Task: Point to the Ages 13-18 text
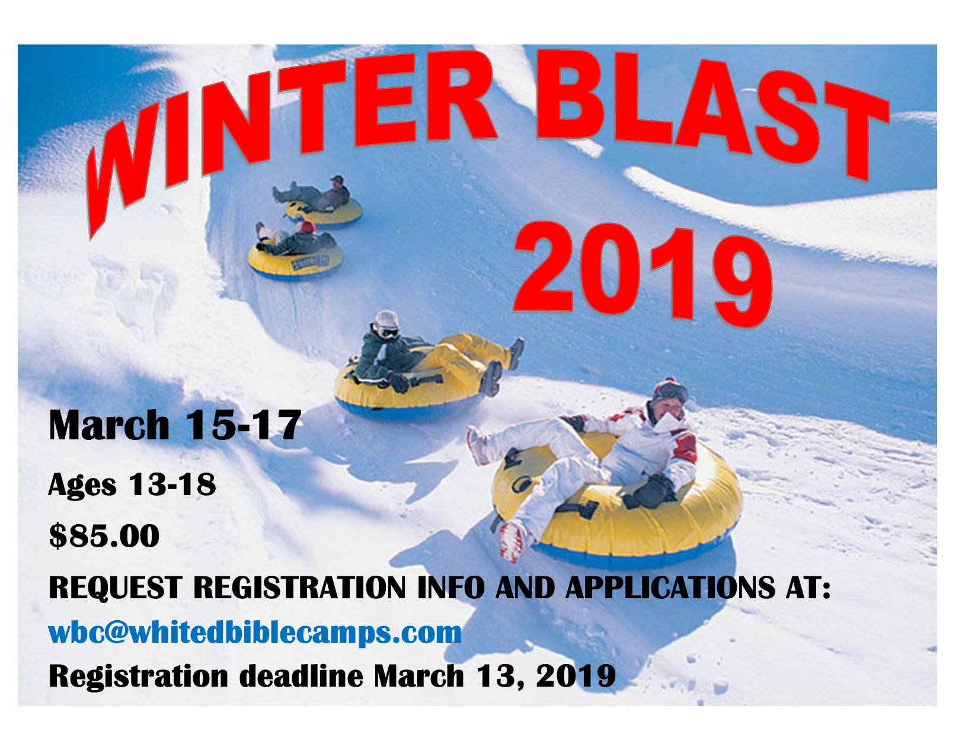[x=132, y=486]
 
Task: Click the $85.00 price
[x=104, y=536]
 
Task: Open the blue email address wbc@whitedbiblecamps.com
[x=255, y=633]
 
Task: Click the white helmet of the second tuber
[x=386, y=320]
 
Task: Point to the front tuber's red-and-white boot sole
[x=513, y=542]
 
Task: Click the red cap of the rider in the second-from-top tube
[x=308, y=226]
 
